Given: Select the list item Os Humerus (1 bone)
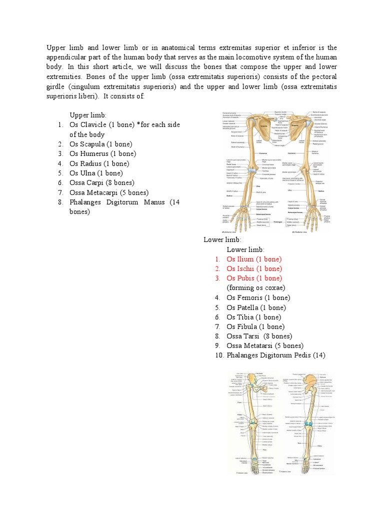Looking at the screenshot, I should point(102,153).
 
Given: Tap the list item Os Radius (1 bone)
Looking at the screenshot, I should point(99,163).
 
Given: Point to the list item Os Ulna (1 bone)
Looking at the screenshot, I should point(96,173).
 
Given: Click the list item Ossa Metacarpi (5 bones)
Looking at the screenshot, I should point(109,192).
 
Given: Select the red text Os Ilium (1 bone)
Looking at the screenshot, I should point(254,259).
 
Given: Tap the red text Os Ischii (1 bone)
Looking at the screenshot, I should point(254,268).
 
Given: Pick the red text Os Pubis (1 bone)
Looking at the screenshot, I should point(254,278).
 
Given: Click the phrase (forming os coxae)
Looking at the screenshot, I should point(255,287).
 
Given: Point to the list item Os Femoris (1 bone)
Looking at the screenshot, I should point(258,297).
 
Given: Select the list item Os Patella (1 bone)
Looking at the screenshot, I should point(256,307).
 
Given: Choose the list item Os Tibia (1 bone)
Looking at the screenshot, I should point(253,317).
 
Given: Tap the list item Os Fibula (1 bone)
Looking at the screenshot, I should point(255,326).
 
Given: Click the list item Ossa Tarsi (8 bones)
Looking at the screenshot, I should point(259,336).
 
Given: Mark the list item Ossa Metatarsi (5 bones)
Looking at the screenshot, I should point(265,345).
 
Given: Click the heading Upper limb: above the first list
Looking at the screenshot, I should point(88,115).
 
